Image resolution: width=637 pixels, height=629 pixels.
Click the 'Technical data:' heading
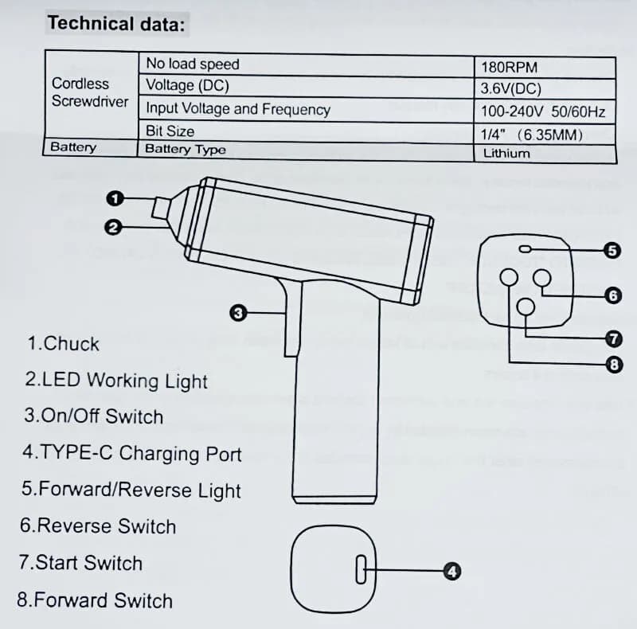pos(116,24)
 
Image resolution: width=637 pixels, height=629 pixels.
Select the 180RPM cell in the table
pos(545,68)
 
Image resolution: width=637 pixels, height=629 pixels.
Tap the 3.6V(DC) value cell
pos(545,88)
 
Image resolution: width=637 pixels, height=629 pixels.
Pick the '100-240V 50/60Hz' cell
pos(545,111)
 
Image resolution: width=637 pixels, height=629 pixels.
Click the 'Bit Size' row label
pos(170,131)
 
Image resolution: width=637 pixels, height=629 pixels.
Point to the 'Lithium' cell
pos(545,154)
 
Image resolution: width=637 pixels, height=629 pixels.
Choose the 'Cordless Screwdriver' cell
pos(90,92)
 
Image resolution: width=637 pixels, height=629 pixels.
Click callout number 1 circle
pos(115,199)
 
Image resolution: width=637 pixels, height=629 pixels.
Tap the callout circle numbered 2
pos(113,227)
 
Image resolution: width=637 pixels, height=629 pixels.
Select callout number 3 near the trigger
pos(238,313)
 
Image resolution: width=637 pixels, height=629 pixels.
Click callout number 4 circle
pos(452,572)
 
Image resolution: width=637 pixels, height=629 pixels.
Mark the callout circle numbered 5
pos(612,251)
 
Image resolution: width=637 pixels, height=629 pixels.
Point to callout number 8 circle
pos(614,365)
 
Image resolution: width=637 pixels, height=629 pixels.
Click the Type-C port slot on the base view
pos(361,569)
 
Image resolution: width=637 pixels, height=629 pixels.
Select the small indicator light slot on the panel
pos(525,249)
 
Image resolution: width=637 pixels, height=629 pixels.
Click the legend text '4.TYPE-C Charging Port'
pos(132,453)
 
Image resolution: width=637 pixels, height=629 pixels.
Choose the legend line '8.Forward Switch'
pos(95,600)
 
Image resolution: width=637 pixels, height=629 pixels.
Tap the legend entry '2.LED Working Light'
pos(116,381)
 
